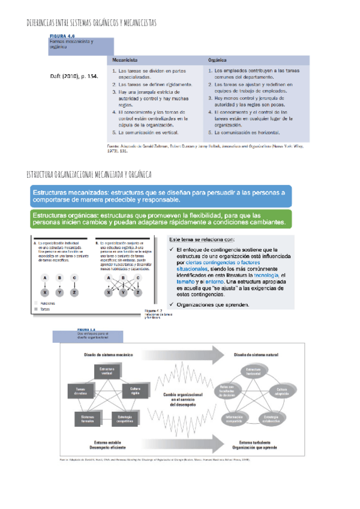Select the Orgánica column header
point(218,61)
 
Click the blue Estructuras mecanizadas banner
point(158,195)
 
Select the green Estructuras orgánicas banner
point(158,219)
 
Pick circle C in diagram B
point(137,278)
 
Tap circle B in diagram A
point(59,278)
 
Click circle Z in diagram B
point(137,292)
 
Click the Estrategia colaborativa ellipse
point(271,418)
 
